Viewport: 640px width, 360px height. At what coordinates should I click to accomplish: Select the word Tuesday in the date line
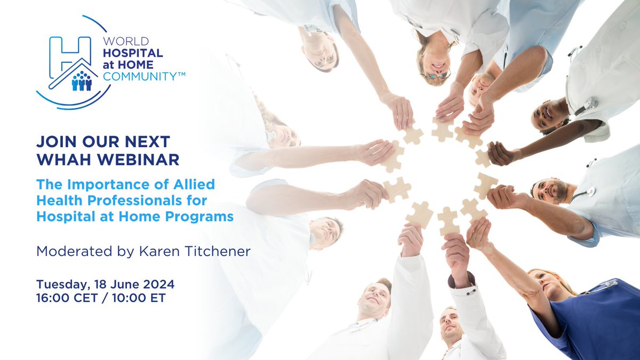[59, 283]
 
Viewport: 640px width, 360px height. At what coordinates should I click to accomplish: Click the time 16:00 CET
[69, 298]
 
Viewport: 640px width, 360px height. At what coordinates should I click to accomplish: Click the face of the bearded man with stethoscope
[550, 190]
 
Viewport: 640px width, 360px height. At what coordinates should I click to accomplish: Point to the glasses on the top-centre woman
[437, 75]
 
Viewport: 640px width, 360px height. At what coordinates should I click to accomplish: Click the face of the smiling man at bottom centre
[375, 299]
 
